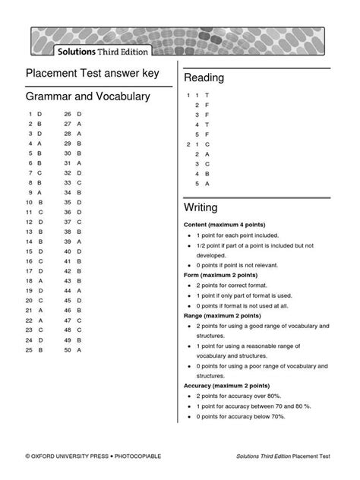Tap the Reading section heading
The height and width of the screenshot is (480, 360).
[x=204, y=78]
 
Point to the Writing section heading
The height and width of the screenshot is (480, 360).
[x=201, y=207]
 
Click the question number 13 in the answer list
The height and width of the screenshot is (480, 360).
[x=29, y=231]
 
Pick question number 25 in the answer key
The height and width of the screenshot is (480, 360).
[x=29, y=350]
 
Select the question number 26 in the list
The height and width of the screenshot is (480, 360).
[x=68, y=112]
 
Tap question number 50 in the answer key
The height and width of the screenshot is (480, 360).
[x=68, y=350]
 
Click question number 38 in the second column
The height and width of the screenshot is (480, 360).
[x=68, y=231]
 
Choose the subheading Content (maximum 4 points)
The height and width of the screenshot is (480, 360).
[x=224, y=226]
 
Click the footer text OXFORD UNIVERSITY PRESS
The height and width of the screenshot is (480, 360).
[x=69, y=456]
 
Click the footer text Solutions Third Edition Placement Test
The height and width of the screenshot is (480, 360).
[x=283, y=456]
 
